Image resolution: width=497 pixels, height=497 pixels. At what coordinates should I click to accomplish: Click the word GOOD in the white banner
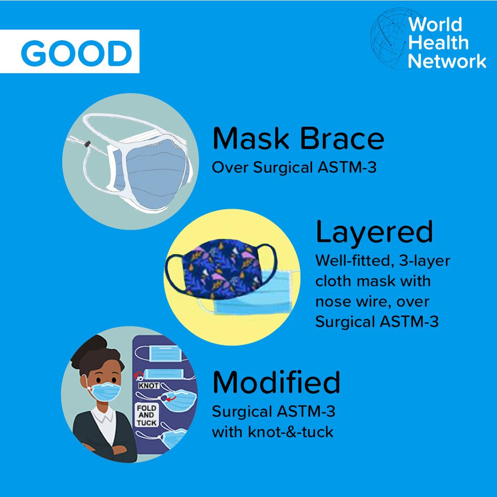(77, 53)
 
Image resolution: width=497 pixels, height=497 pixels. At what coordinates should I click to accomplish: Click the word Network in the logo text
(447, 61)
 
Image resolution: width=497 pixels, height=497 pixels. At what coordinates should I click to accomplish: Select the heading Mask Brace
(298, 138)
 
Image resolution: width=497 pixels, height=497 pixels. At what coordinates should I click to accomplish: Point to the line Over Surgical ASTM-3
(294, 167)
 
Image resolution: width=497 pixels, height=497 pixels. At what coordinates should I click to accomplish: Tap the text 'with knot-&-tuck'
(272, 432)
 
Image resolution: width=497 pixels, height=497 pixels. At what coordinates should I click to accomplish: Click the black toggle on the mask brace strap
(87, 144)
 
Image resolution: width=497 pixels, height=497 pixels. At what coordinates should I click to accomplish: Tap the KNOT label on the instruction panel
(149, 386)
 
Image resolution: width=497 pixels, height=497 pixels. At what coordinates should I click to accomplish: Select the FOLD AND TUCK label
(147, 415)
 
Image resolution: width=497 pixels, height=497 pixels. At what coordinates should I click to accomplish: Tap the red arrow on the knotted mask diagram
(171, 398)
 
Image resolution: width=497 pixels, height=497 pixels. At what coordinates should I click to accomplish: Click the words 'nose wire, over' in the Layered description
(372, 302)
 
